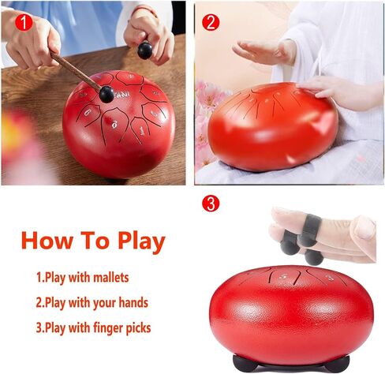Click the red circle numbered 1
[x=24, y=23]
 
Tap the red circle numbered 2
[x=211, y=22]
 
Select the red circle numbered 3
[x=211, y=204]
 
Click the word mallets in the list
[x=111, y=278]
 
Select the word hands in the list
[x=133, y=302]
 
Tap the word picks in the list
[x=139, y=328]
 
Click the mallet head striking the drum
[x=107, y=95]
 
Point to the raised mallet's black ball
[x=145, y=50]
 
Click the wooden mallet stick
[x=76, y=70]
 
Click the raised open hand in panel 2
[x=264, y=50]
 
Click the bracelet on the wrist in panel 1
[x=144, y=10]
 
